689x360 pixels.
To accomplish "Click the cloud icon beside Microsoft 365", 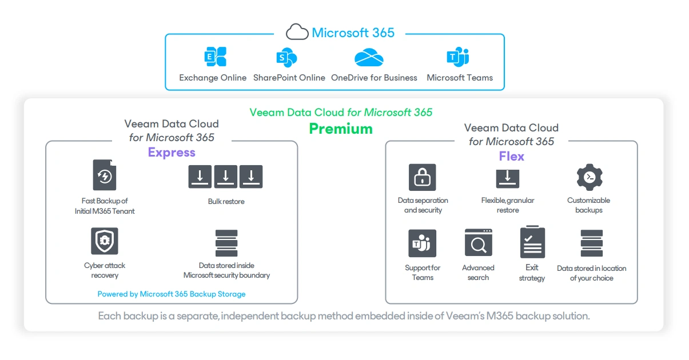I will pyautogui.click(x=297, y=32).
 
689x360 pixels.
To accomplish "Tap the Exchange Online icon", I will pyautogui.click(x=216, y=57).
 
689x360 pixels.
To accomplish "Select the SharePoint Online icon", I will pyautogui.click(x=286, y=57).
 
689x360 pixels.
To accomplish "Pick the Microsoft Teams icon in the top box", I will pyautogui.click(x=458, y=57).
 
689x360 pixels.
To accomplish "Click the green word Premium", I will pyautogui.click(x=341, y=129).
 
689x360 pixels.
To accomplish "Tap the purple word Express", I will pyautogui.click(x=172, y=153).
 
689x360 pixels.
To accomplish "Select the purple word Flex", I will pyautogui.click(x=511, y=157).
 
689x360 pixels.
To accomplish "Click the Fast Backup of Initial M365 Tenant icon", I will pyautogui.click(x=105, y=175).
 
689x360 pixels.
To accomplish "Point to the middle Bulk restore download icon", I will pyautogui.click(x=226, y=177).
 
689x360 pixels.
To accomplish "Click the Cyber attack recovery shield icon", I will pyautogui.click(x=105, y=241).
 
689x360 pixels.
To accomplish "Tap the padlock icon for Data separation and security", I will pyautogui.click(x=423, y=177).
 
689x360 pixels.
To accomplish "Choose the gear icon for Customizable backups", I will pyautogui.click(x=590, y=177).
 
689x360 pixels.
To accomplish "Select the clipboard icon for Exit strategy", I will pyautogui.click(x=532, y=242).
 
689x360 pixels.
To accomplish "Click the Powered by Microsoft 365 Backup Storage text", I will pyautogui.click(x=172, y=294).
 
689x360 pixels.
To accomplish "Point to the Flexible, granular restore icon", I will pyautogui.click(x=508, y=178).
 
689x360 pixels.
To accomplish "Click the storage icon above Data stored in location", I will pyautogui.click(x=591, y=243).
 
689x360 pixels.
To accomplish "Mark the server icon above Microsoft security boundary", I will pyautogui.click(x=226, y=243).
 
